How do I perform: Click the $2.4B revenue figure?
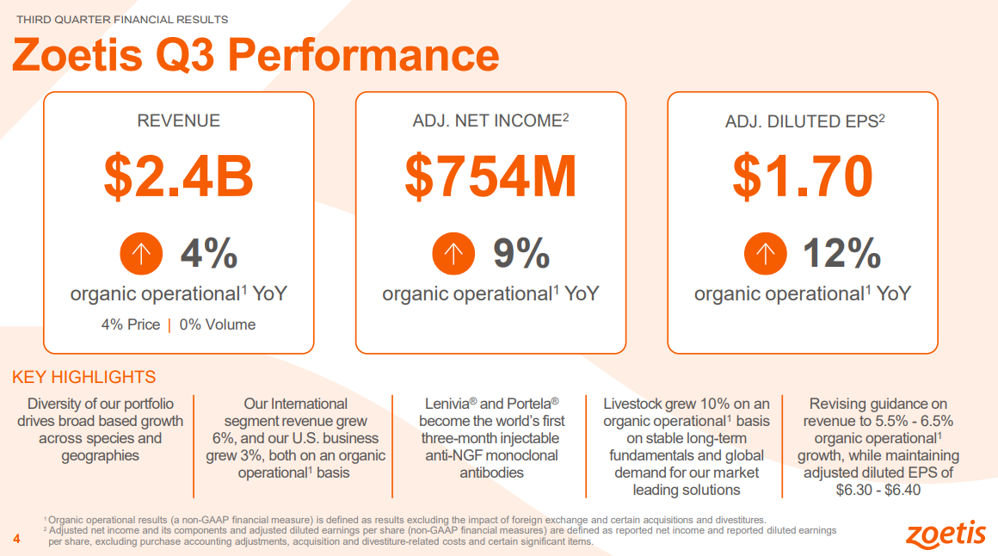point(179,176)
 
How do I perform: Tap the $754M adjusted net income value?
point(490,176)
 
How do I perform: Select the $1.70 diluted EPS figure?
point(803,176)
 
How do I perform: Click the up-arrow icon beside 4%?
point(141,253)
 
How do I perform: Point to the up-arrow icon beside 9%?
point(453,253)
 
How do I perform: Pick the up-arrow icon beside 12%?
point(766,253)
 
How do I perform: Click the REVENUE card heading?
point(179,121)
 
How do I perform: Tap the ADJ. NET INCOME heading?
point(487,121)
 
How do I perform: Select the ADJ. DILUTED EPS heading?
point(801,121)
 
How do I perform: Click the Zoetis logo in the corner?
point(946,533)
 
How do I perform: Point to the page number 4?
point(15,539)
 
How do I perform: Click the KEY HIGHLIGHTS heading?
point(84,377)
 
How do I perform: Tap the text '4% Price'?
point(131,324)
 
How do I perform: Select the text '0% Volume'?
point(218,324)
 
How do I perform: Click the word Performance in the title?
point(364,55)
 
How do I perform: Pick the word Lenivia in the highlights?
point(450,404)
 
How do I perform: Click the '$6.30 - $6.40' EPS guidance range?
point(878,490)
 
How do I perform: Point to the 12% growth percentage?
point(841,253)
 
